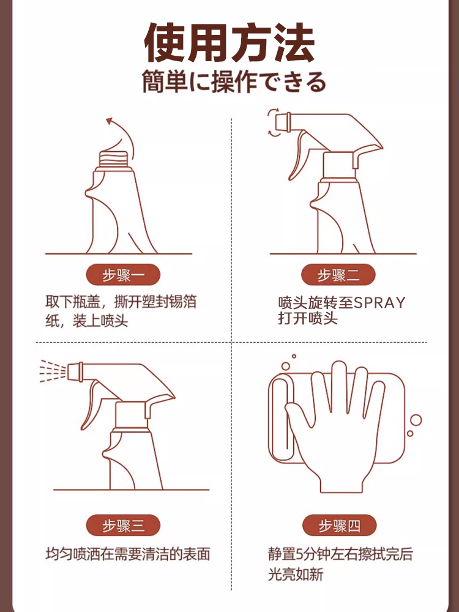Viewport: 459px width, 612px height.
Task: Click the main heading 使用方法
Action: pyautogui.click(x=229, y=43)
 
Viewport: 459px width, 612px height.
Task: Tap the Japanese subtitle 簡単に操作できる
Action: pyautogui.click(x=234, y=82)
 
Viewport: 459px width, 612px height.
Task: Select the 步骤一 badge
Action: pyautogui.click(x=123, y=275)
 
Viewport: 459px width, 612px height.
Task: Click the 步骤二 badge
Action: pyautogui.click(x=338, y=275)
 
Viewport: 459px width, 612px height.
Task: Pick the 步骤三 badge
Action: pyautogui.click(x=123, y=525)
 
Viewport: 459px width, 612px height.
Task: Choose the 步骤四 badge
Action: pyautogui.click(x=339, y=525)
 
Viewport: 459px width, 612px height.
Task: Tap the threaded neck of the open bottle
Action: pyautogui.click(x=114, y=159)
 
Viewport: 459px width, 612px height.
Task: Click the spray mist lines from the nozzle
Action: pyautogui.click(x=53, y=370)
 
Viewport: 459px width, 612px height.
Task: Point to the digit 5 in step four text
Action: pyautogui.click(x=300, y=554)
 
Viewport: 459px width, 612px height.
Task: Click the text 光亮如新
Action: pyautogui.click(x=296, y=575)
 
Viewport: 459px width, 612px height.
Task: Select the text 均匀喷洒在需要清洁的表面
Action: pyautogui.click(x=128, y=554)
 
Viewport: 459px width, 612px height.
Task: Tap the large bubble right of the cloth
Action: pyautogui.click(x=416, y=420)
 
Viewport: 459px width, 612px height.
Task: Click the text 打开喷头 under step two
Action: pyautogui.click(x=308, y=318)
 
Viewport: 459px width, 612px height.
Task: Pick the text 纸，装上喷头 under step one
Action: pyautogui.click(x=87, y=321)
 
